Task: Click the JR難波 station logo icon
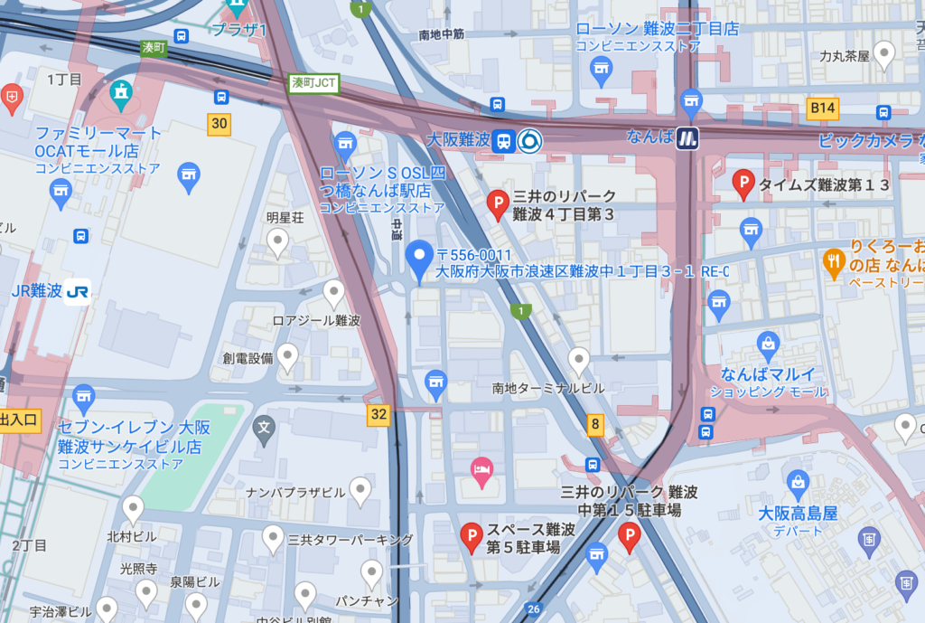coord(78,291)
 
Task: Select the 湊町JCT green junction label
coord(313,82)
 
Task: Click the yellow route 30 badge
coord(219,125)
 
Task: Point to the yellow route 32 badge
coord(378,415)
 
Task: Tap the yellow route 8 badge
coord(594,424)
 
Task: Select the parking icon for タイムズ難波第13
coord(743,184)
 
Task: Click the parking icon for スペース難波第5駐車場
coord(471,538)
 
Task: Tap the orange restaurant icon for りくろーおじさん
coord(833,260)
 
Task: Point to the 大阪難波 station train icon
coord(505,140)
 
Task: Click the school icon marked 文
coord(264,424)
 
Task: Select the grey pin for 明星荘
coord(278,241)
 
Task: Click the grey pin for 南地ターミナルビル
coord(578,359)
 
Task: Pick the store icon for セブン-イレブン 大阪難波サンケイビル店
coord(84,396)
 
